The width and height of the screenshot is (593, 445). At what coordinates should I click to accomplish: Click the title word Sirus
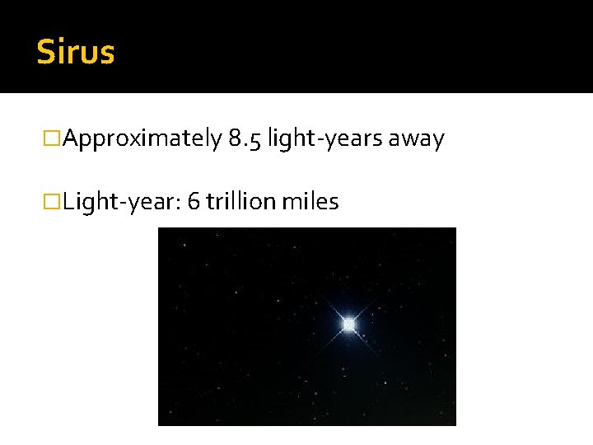(x=76, y=53)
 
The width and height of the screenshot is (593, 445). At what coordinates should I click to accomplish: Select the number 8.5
(x=245, y=139)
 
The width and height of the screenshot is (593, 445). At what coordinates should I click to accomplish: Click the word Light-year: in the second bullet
(x=122, y=202)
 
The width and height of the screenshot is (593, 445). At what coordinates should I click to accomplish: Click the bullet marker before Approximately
(x=54, y=139)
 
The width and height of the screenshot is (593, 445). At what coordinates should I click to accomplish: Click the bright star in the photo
(x=348, y=325)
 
